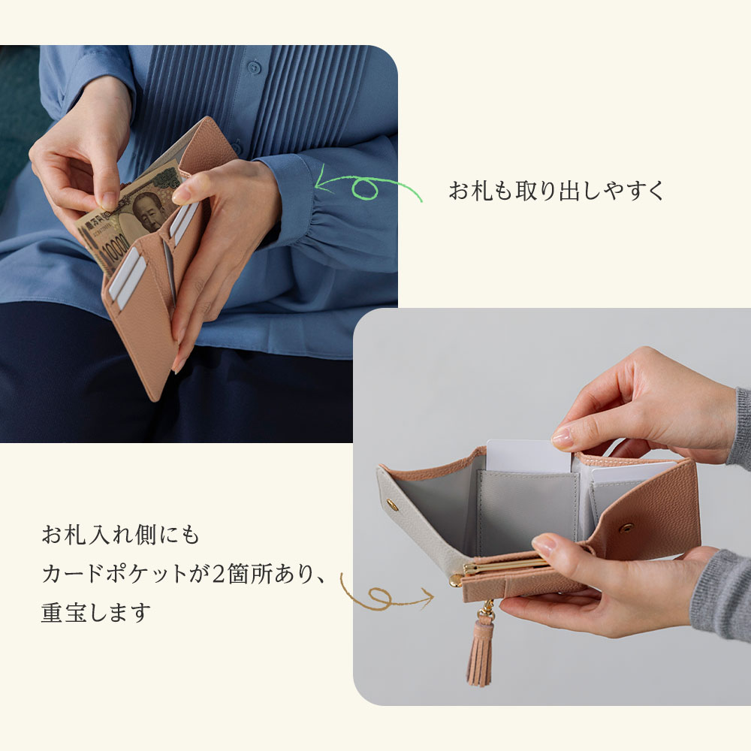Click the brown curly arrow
coord(385,594)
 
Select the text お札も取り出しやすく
coord(556,191)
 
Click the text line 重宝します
coord(96,613)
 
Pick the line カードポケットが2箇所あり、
coord(183,575)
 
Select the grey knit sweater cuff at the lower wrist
coord(721,593)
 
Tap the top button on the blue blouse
coord(254,67)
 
